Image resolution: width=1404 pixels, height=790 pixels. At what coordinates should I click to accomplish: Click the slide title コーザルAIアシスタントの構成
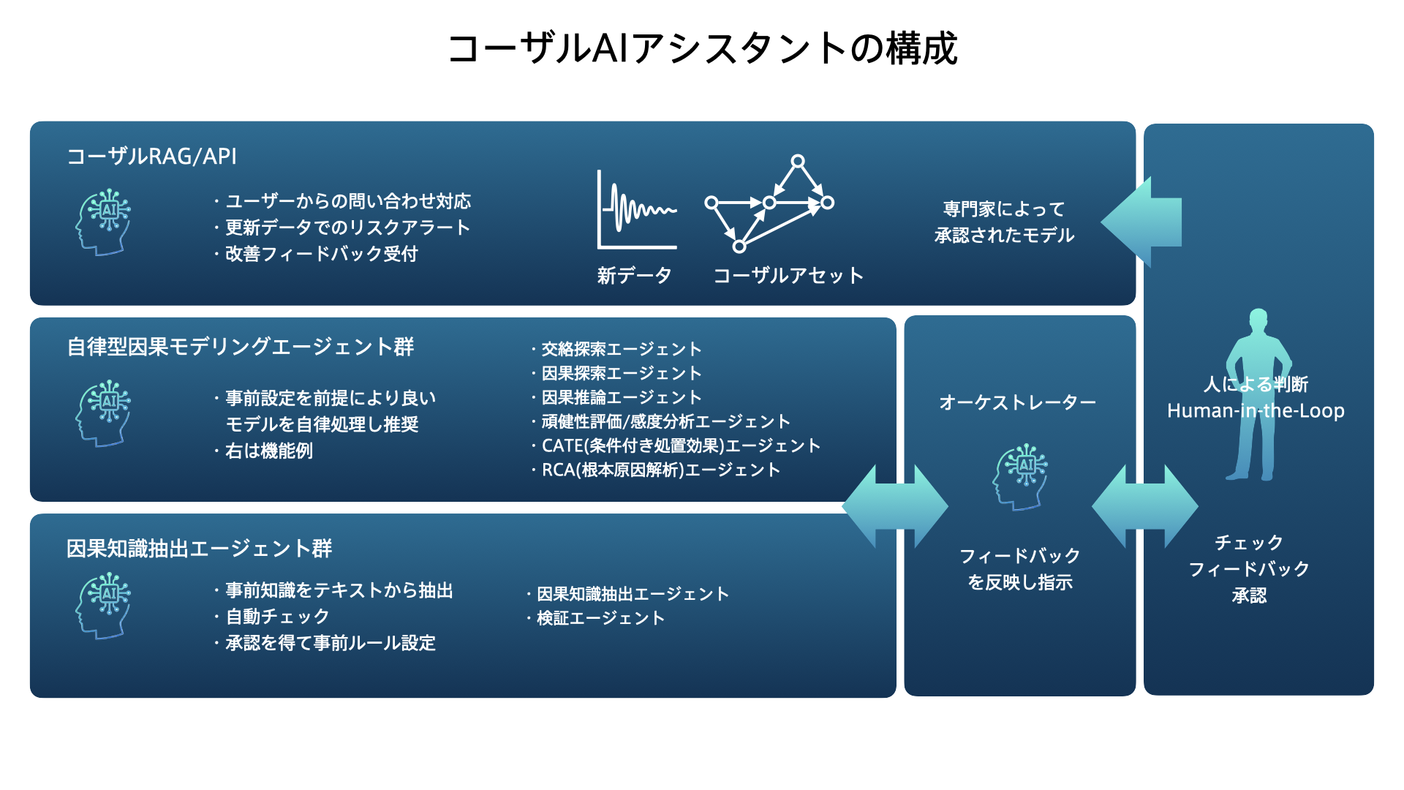[x=702, y=49]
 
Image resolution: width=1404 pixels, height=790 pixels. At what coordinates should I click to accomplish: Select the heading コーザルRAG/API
[x=151, y=157]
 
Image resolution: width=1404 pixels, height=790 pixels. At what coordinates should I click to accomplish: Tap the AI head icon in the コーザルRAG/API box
[x=103, y=222]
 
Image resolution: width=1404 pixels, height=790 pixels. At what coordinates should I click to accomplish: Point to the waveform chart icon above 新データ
[x=637, y=211]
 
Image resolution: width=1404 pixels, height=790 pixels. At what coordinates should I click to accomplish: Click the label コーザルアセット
[x=788, y=276]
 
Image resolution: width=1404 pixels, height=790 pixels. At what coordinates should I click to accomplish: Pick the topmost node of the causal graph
[x=798, y=161]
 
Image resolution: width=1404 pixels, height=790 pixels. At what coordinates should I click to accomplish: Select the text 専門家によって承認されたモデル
[x=1004, y=222]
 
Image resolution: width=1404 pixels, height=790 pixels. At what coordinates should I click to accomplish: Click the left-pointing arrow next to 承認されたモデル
[x=1141, y=222]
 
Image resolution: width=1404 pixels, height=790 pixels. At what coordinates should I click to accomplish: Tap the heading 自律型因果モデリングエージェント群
[x=241, y=347]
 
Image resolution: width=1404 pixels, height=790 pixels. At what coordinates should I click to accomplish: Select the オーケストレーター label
[x=1017, y=402]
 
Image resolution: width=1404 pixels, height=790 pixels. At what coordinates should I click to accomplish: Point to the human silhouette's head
[x=1258, y=319]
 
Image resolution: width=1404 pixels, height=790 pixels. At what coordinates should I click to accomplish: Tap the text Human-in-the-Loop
[x=1256, y=411]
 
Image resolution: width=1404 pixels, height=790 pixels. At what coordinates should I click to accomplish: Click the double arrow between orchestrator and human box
[x=1144, y=507]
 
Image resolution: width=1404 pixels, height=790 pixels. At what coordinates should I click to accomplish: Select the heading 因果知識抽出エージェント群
[x=199, y=549]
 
